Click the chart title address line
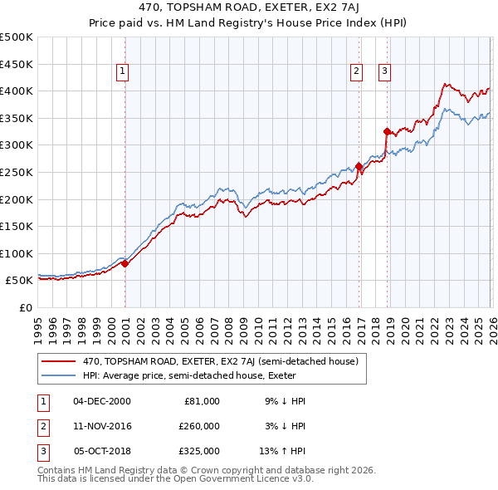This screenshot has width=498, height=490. pyautogui.click(x=249, y=9)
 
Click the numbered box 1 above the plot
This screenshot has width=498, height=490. pyautogui.click(x=122, y=72)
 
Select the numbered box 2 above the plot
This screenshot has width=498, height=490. pyautogui.click(x=356, y=72)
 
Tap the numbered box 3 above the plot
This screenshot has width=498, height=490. pyautogui.click(x=385, y=72)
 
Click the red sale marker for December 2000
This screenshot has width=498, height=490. pyautogui.click(x=125, y=264)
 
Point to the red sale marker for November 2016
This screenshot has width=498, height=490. pyautogui.click(x=359, y=166)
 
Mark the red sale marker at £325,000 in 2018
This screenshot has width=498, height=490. pyautogui.click(x=387, y=131)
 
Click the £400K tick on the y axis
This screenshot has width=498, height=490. pyautogui.click(x=17, y=91)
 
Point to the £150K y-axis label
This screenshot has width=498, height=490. pyautogui.click(x=17, y=226)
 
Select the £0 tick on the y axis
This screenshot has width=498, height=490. pyautogui.click(x=27, y=307)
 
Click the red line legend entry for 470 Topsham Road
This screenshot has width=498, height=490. pyautogui.click(x=220, y=362)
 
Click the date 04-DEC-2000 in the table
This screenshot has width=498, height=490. pyautogui.click(x=102, y=401)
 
